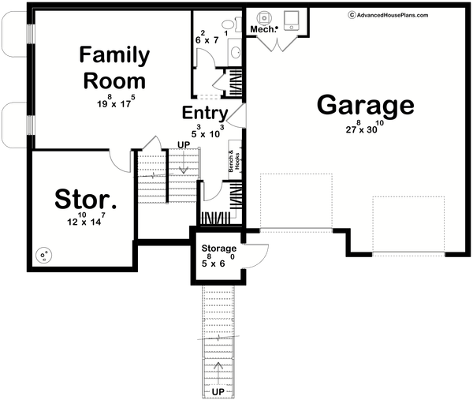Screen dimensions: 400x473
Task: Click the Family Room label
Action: click(114, 68)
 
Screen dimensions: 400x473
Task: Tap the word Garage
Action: click(365, 105)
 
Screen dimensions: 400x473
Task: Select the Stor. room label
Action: click(80, 200)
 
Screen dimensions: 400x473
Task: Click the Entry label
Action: click(205, 113)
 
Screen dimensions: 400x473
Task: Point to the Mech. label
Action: click(262, 29)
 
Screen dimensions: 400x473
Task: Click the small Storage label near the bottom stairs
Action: click(217, 249)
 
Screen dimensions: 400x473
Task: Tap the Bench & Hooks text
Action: click(234, 161)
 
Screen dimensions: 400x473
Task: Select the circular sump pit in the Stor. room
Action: click(44, 254)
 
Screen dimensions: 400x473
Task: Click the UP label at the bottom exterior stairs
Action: click(218, 391)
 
